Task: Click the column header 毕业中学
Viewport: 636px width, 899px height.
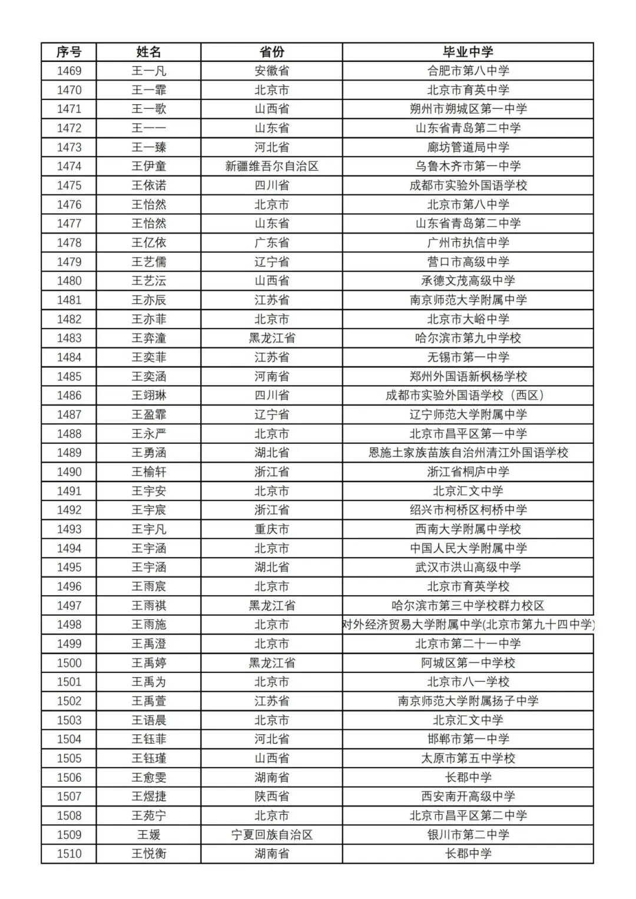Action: [468, 52]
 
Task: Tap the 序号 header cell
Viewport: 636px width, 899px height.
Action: [69, 52]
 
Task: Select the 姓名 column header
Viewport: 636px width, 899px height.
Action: [148, 52]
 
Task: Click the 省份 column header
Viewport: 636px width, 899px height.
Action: [271, 52]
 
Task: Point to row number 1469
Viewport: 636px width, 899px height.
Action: [69, 71]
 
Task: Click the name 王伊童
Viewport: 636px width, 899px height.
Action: [148, 167]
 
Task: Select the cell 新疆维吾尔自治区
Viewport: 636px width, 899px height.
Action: [271, 167]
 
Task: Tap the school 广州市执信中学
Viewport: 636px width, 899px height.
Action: [468, 243]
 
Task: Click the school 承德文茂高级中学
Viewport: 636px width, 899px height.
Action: [468, 281]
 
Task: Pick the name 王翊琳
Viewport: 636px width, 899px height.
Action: [148, 396]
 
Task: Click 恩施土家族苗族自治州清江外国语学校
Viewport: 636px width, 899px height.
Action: [468, 453]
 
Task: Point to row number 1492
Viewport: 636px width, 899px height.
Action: [69, 510]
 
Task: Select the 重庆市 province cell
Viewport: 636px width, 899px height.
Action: [271, 529]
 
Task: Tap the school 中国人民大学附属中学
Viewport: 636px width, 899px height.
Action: [468, 548]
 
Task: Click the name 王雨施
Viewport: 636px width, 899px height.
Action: [148, 625]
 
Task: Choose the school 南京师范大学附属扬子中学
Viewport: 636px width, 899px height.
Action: [468, 701]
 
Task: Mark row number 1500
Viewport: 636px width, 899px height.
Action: [69, 663]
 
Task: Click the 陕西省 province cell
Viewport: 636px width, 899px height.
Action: [271, 797]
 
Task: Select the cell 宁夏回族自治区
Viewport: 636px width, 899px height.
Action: [271, 835]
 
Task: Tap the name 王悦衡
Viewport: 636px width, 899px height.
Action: [148, 854]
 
